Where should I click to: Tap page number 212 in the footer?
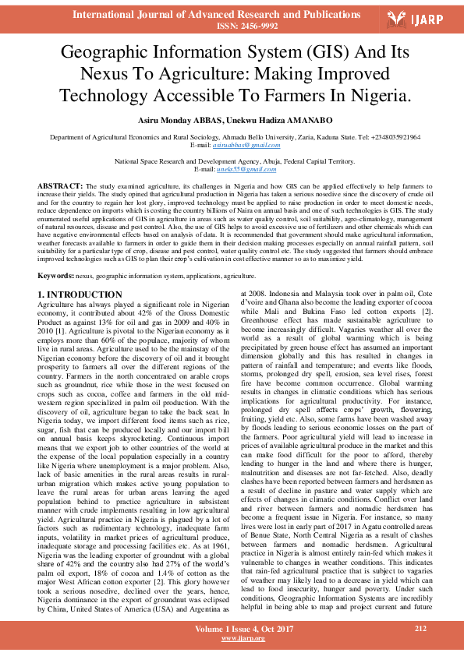(421, 627)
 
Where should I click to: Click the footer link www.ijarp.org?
(243, 638)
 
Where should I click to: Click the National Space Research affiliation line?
(232, 160)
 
